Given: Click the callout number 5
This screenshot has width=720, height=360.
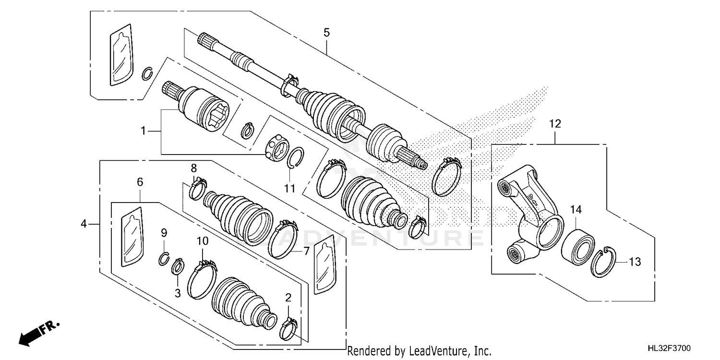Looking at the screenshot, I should click(x=326, y=33).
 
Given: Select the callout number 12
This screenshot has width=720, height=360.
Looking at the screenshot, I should click(x=555, y=124).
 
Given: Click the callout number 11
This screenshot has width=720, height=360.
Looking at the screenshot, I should click(x=289, y=189).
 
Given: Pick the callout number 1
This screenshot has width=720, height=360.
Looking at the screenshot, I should click(x=143, y=131).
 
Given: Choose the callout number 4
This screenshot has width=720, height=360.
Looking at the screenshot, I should click(x=84, y=224).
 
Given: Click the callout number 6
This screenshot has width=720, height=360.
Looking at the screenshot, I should click(x=140, y=182).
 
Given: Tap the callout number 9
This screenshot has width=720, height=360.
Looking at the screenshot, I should click(x=164, y=233).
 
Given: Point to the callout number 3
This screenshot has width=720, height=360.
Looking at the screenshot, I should click(x=177, y=293).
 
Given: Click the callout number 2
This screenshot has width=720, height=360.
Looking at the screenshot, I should click(x=288, y=298).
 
